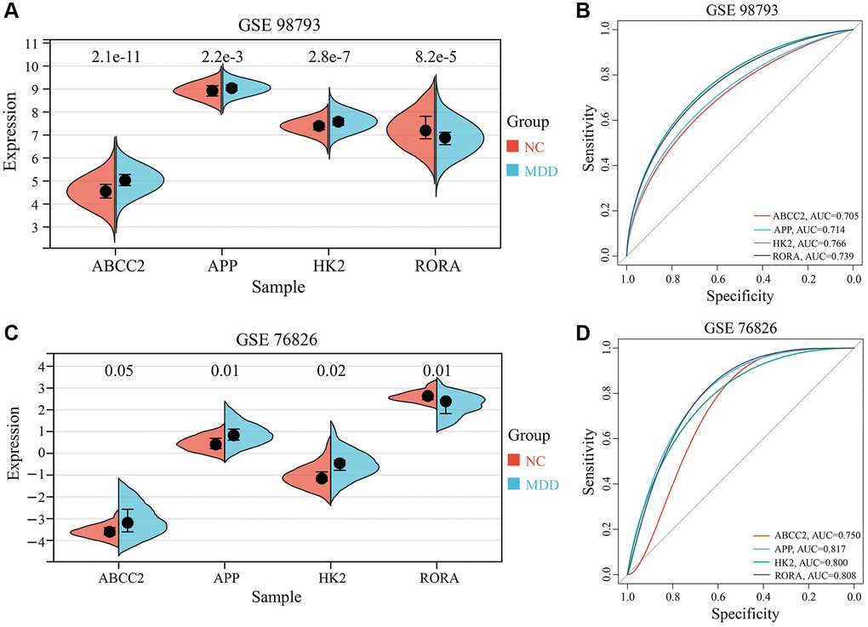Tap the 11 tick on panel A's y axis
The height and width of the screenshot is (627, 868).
point(32,43)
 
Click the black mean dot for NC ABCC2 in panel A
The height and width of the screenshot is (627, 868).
point(106,191)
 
